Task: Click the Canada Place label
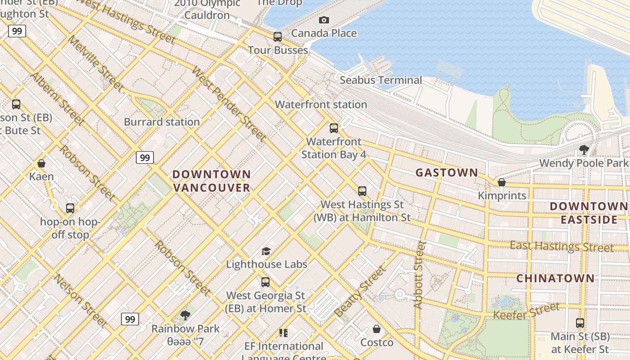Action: (324, 33)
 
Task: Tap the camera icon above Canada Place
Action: (324, 20)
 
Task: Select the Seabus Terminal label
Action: (381, 80)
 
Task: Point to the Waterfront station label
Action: (321, 104)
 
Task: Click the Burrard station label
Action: (162, 122)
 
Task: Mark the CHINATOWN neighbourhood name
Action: (555, 278)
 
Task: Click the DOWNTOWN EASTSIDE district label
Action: (589, 213)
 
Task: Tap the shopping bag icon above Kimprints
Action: (502, 182)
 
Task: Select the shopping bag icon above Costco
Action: (377, 329)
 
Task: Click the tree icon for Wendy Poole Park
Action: (584, 149)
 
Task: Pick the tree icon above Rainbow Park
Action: (185, 315)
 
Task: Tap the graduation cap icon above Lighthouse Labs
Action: (266, 251)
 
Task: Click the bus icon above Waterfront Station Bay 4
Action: (333, 128)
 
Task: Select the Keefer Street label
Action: (526, 311)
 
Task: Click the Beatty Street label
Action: (360, 292)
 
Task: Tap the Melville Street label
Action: (95, 63)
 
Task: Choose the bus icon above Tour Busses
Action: (278, 37)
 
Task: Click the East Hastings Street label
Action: (562, 247)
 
